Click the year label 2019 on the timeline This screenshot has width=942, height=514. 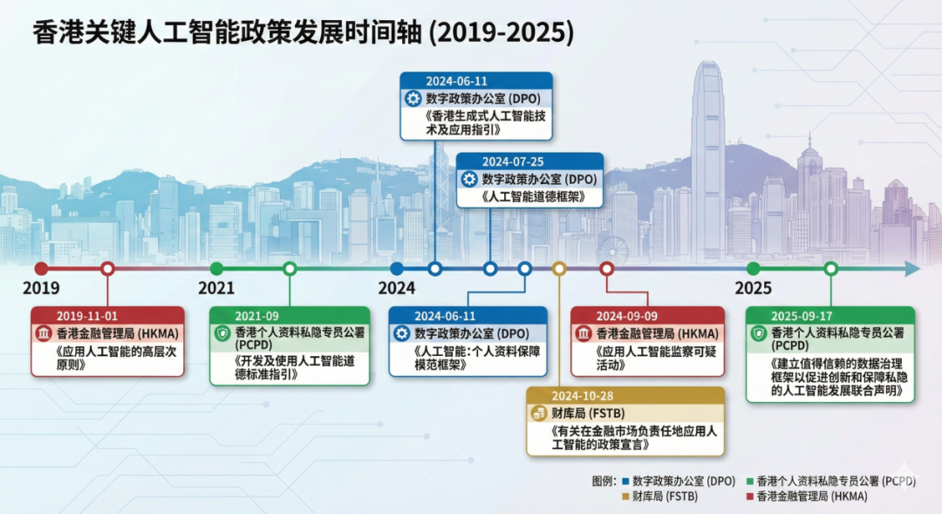point(41,288)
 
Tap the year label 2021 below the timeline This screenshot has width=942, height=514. point(216,288)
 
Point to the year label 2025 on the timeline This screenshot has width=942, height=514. point(753,288)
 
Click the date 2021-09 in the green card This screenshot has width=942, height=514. point(256,316)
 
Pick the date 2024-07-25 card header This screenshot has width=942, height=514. point(513,161)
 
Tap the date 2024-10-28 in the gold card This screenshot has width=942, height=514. point(582,396)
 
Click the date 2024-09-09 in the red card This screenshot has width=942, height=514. point(626,316)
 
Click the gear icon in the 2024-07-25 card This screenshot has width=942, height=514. point(469,179)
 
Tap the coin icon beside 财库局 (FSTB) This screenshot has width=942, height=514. point(538,413)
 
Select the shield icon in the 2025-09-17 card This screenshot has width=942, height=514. point(759,333)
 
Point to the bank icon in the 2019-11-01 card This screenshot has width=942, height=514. point(44,333)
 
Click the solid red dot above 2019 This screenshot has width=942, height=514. point(41,269)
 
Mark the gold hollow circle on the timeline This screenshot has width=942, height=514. point(559,269)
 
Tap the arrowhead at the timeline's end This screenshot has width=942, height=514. point(913,269)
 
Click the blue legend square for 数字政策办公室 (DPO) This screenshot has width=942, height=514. point(625,481)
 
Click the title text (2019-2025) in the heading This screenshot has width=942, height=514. point(502,32)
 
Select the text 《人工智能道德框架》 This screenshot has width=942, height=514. point(532,196)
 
